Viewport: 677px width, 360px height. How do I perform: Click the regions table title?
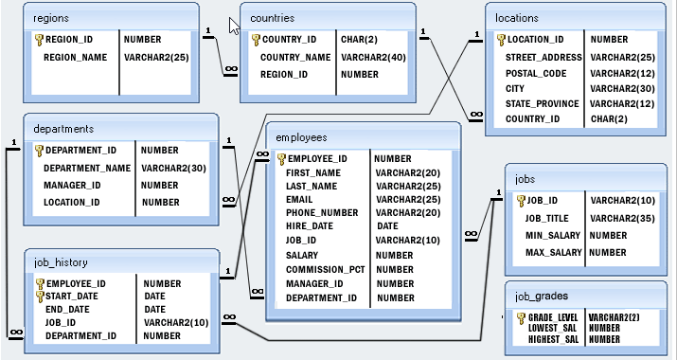click(x=51, y=18)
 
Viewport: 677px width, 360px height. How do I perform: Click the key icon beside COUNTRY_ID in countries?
click(x=256, y=40)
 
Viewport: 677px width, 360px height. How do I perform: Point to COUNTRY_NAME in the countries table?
click(x=295, y=58)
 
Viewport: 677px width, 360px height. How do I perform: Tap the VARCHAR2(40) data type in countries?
click(x=372, y=58)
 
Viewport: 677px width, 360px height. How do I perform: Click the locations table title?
click(x=517, y=18)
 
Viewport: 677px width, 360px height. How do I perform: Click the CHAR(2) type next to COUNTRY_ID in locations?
click(x=609, y=119)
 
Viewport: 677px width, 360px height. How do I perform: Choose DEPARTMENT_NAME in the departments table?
click(x=87, y=168)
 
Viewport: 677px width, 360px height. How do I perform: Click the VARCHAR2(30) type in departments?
click(x=173, y=168)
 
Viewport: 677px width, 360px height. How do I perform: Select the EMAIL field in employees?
click(x=300, y=200)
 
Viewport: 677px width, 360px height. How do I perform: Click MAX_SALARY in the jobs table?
click(x=553, y=253)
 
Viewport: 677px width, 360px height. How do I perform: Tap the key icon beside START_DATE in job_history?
click(x=39, y=296)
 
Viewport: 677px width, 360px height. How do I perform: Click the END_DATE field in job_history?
click(x=67, y=310)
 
